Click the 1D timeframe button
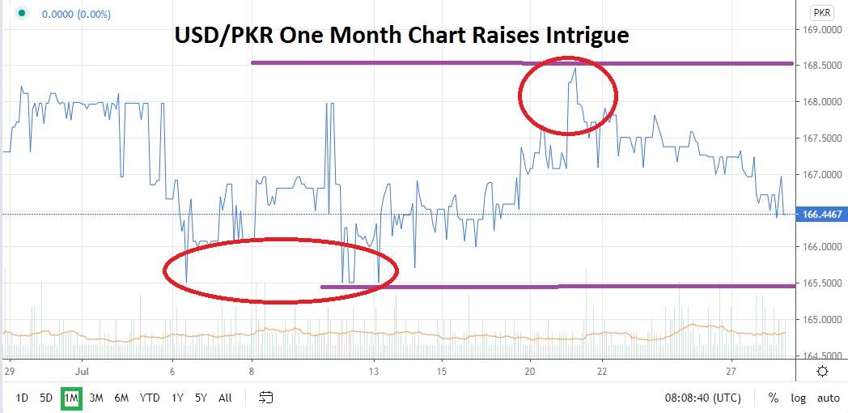click(22, 398)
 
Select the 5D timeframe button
click(46, 398)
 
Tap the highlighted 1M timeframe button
click(71, 398)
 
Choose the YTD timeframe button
click(149, 398)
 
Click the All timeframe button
click(226, 398)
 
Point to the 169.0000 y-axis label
click(817, 30)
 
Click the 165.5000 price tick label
click(817, 283)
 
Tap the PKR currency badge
click(821, 13)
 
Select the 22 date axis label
click(602, 371)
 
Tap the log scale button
click(799, 398)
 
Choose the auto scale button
click(828, 398)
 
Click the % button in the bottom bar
click(774, 398)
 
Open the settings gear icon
click(822, 371)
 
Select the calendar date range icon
click(266, 398)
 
